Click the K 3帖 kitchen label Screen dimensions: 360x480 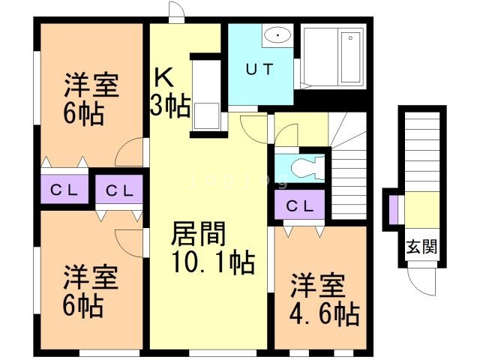click(x=171, y=91)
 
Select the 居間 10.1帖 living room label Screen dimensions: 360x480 click(x=212, y=249)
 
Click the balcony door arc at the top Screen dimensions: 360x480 click(x=175, y=12)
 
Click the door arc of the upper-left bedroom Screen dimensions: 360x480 click(x=130, y=153)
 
